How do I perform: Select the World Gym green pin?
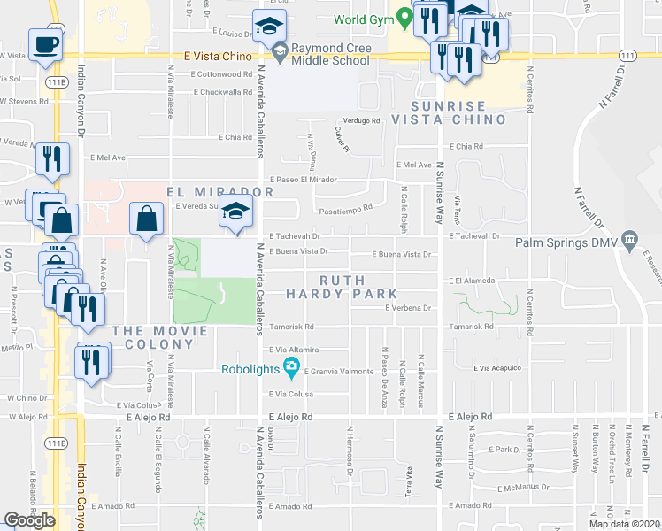click(x=404, y=17)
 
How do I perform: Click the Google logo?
click(x=29, y=520)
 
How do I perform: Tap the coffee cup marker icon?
click(x=45, y=43)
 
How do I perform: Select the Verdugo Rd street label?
click(x=362, y=121)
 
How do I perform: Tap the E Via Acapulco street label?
click(x=498, y=367)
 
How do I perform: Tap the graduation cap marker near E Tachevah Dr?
click(x=236, y=212)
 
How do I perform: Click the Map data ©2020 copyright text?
click(x=625, y=524)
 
